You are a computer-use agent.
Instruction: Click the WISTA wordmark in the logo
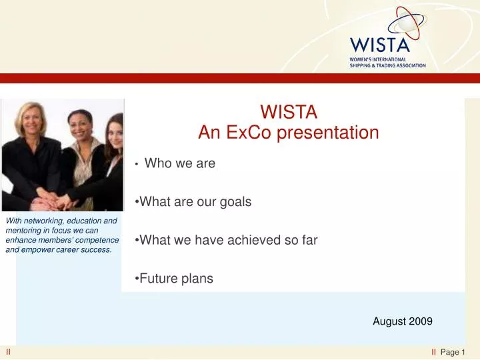tap(379, 45)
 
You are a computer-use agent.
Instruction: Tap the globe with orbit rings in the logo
tap(407, 23)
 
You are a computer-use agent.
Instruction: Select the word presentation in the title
tap(328, 133)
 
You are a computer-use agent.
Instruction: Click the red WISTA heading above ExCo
tap(289, 112)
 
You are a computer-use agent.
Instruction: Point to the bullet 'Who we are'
tap(180, 163)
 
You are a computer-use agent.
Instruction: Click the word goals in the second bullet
tap(235, 202)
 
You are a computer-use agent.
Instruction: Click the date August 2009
tap(403, 321)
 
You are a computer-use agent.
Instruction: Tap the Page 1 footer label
tap(453, 353)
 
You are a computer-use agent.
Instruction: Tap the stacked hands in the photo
tap(51, 201)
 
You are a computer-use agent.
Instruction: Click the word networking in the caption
tap(42, 221)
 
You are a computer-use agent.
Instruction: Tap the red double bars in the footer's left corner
tap(8, 352)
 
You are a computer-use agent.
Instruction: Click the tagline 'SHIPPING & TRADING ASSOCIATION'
tap(387, 65)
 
